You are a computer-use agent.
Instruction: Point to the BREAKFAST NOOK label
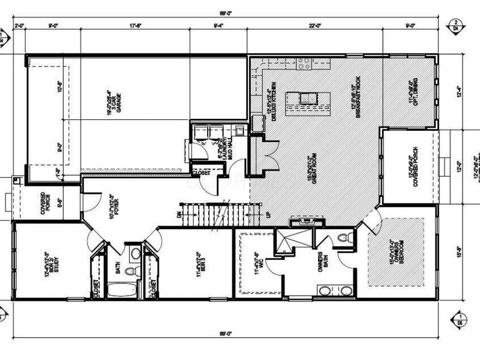(x=355, y=96)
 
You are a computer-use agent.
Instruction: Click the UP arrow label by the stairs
(x=260, y=214)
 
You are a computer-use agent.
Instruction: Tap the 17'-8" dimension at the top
(x=135, y=26)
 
